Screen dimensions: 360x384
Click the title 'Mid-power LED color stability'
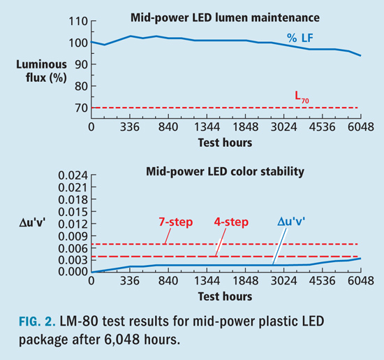coord(226,171)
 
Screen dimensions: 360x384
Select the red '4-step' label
coord(231,222)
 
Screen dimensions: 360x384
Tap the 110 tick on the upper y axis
coord(77,21)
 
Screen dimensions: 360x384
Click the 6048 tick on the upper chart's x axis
coord(359,127)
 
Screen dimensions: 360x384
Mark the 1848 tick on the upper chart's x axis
coord(246,127)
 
